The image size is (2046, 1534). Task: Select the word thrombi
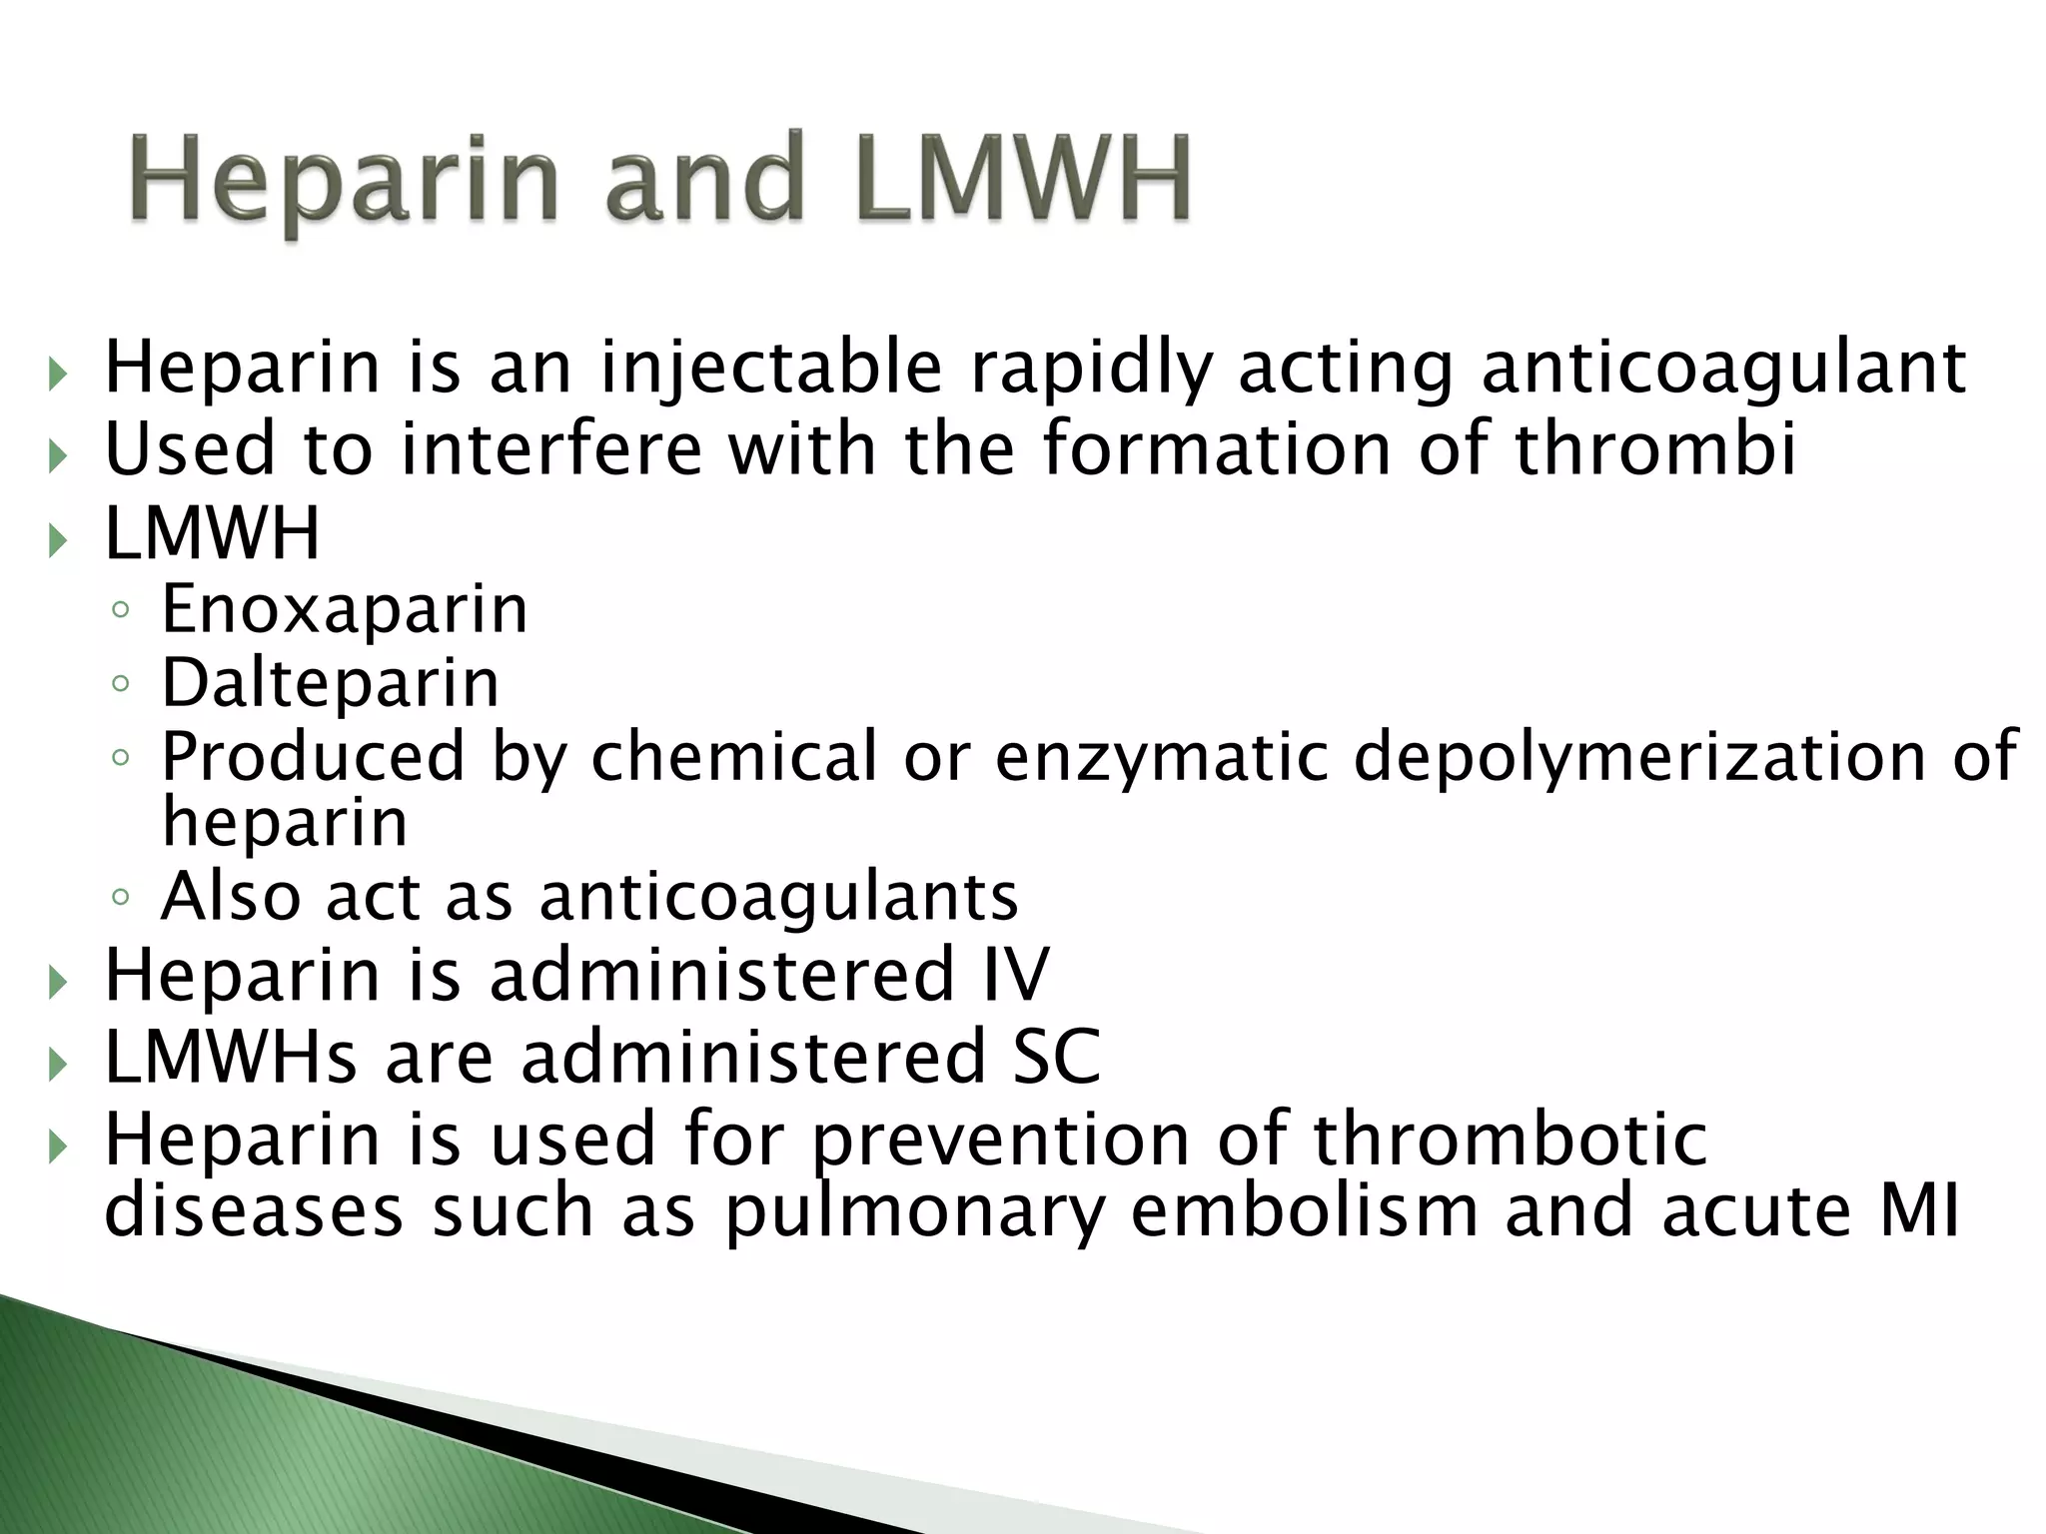[x=1655, y=449]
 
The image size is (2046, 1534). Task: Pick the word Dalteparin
[x=330, y=684]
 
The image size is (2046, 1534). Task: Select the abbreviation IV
[x=1016, y=975]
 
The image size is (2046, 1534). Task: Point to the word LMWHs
[x=230, y=1057]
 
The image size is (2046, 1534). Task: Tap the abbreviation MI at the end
[x=1920, y=1210]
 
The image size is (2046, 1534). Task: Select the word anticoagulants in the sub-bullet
[x=778, y=897]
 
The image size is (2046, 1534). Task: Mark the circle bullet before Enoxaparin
[x=121, y=610]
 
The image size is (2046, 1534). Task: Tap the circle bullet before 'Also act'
[x=121, y=897]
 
